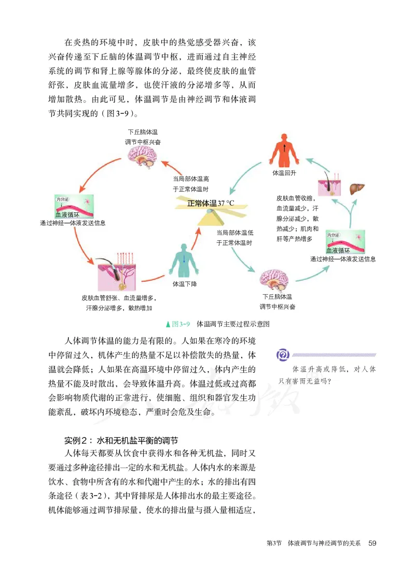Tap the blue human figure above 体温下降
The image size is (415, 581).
coord(183,261)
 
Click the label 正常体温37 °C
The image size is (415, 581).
coord(211,203)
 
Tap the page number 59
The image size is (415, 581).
coord(372,543)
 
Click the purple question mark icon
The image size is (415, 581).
coord(283,355)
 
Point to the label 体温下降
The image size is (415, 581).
coord(185,284)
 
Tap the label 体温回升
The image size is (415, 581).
coord(284,173)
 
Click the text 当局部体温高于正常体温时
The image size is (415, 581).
coord(191,184)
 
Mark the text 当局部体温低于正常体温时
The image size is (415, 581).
coord(234,238)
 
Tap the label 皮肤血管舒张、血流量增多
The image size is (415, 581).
coord(119,298)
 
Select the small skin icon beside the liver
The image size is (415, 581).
coord(328,184)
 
